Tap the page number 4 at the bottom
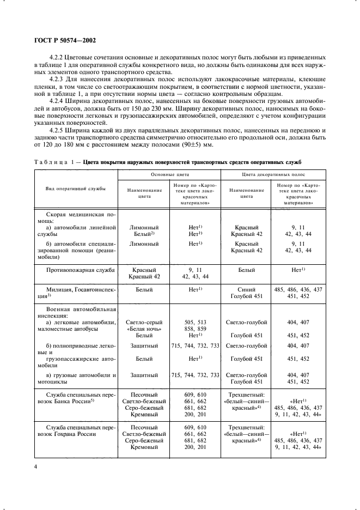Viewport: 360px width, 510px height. (x=35, y=467)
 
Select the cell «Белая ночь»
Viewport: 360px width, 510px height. (x=144, y=330)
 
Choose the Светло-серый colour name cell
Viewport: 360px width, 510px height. (x=144, y=323)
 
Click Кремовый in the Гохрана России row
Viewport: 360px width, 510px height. (x=144, y=447)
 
